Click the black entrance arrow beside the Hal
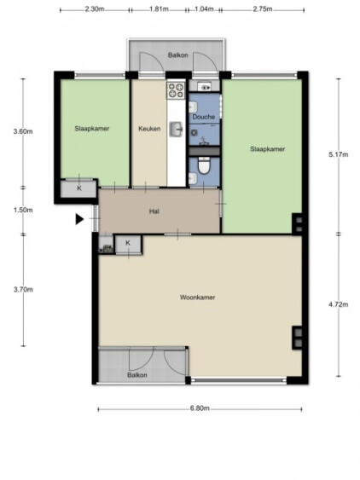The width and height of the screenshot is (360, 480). tap(79, 219)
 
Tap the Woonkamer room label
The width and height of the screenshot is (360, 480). tap(197, 298)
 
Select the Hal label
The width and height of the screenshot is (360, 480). tap(154, 211)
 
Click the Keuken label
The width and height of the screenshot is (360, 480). tap(149, 129)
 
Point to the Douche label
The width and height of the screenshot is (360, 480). tap(203, 117)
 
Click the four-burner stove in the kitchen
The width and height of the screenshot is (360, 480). tap(176, 90)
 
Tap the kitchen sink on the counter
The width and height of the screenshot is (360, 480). tap(177, 130)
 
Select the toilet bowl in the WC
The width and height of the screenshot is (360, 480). tap(204, 165)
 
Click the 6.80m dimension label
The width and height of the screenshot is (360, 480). tap(200, 408)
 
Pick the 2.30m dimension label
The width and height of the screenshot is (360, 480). tap(95, 9)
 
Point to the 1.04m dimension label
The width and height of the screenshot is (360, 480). tap(204, 9)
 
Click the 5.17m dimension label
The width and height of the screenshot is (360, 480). tap(339, 154)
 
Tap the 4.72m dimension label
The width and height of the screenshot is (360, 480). tap(339, 304)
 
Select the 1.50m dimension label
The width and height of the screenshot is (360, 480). tap(23, 211)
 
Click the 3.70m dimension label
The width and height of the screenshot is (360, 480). tap(23, 290)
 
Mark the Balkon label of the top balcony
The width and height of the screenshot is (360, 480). tap(177, 55)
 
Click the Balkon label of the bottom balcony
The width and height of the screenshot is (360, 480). tap(137, 375)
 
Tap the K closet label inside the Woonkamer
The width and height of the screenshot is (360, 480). tap(128, 243)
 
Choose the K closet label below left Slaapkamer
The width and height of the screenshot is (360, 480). tap(79, 188)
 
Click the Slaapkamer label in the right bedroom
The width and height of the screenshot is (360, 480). tap(268, 149)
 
